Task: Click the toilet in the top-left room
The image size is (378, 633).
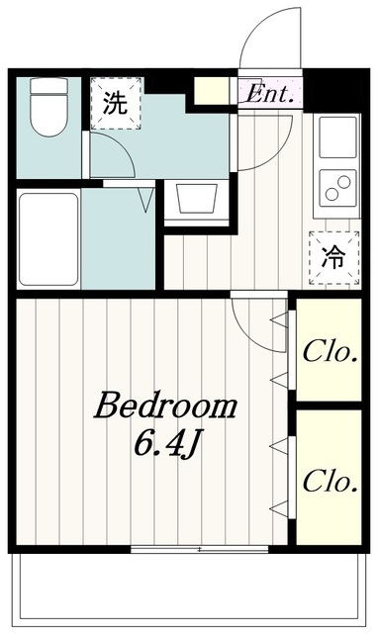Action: [48, 107]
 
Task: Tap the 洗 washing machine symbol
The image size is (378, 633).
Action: [116, 103]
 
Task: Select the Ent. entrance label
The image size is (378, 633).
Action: [269, 94]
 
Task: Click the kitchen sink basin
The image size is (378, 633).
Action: [337, 137]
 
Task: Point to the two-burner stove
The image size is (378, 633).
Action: [337, 188]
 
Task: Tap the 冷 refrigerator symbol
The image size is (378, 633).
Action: [334, 257]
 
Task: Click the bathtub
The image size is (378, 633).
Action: [48, 239]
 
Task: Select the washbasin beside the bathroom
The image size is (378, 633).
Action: [196, 199]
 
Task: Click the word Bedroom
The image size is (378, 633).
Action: [165, 405]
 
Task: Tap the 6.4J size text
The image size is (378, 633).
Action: [167, 443]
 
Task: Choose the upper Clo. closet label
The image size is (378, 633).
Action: [330, 352]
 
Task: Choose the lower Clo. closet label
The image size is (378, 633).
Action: [330, 482]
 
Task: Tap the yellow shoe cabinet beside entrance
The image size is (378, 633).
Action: [212, 91]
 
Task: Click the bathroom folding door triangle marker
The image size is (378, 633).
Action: [146, 200]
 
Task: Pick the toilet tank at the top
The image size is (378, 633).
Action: [48, 86]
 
